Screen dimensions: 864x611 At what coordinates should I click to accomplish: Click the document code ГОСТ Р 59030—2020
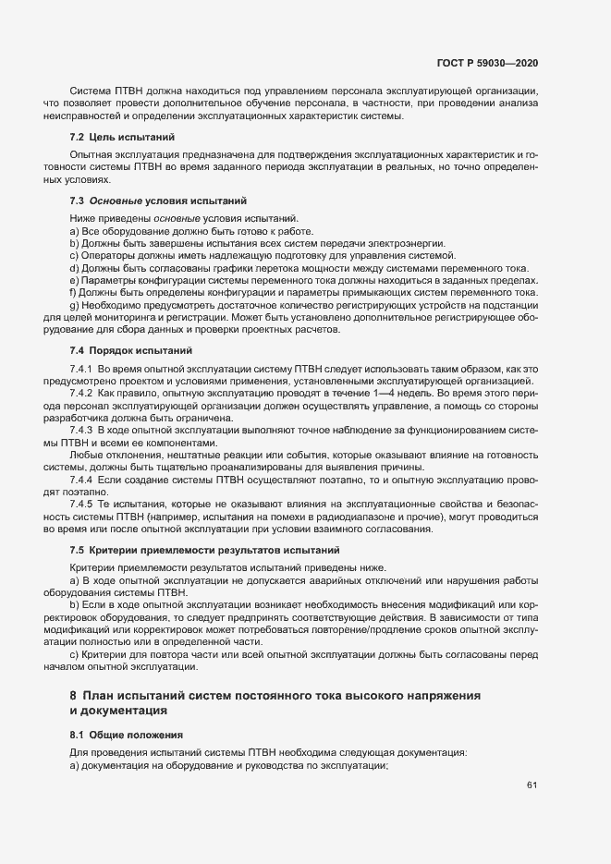pyautogui.click(x=488, y=64)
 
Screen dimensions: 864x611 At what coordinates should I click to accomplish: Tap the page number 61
pyautogui.click(x=532, y=786)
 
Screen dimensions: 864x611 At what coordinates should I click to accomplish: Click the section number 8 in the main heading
pyautogui.click(x=73, y=694)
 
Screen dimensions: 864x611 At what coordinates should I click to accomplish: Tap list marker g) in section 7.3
pyautogui.click(x=74, y=306)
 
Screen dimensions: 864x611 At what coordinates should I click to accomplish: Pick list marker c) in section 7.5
pyautogui.click(x=74, y=654)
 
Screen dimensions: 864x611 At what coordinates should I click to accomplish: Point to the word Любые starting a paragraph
pyautogui.click(x=88, y=455)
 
